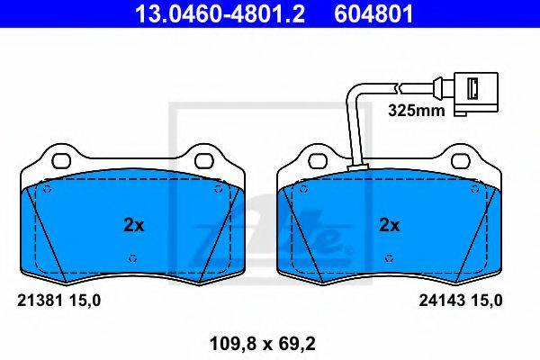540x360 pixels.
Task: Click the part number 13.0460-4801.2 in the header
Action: [x=220, y=14]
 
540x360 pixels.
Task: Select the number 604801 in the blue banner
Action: [x=373, y=14]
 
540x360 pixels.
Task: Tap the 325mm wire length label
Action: [x=417, y=111]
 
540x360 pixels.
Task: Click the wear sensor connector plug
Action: [x=476, y=94]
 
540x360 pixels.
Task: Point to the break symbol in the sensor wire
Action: [x=399, y=87]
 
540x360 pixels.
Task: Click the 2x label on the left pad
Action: [x=133, y=225]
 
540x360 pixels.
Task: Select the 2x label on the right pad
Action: [x=389, y=225]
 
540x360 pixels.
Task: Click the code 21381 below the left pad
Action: [x=40, y=301]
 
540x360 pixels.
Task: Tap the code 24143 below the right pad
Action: [x=441, y=301]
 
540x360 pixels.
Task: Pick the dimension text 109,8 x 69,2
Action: [x=263, y=344]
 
